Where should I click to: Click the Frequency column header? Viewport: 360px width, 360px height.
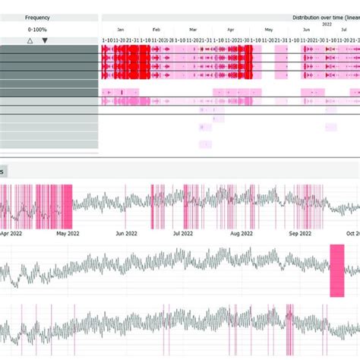(38, 17)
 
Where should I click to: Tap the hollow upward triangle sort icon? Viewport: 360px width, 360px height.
(30, 40)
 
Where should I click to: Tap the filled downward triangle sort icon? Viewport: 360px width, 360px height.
(45, 40)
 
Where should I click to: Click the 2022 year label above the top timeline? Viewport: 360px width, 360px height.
(327, 24)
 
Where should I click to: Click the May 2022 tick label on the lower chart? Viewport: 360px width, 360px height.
(68, 234)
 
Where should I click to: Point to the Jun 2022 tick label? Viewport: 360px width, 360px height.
(126, 234)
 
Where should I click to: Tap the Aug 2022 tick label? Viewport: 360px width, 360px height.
(241, 234)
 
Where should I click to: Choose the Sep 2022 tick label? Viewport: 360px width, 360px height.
(300, 234)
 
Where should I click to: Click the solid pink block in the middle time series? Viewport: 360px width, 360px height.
(336, 271)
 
